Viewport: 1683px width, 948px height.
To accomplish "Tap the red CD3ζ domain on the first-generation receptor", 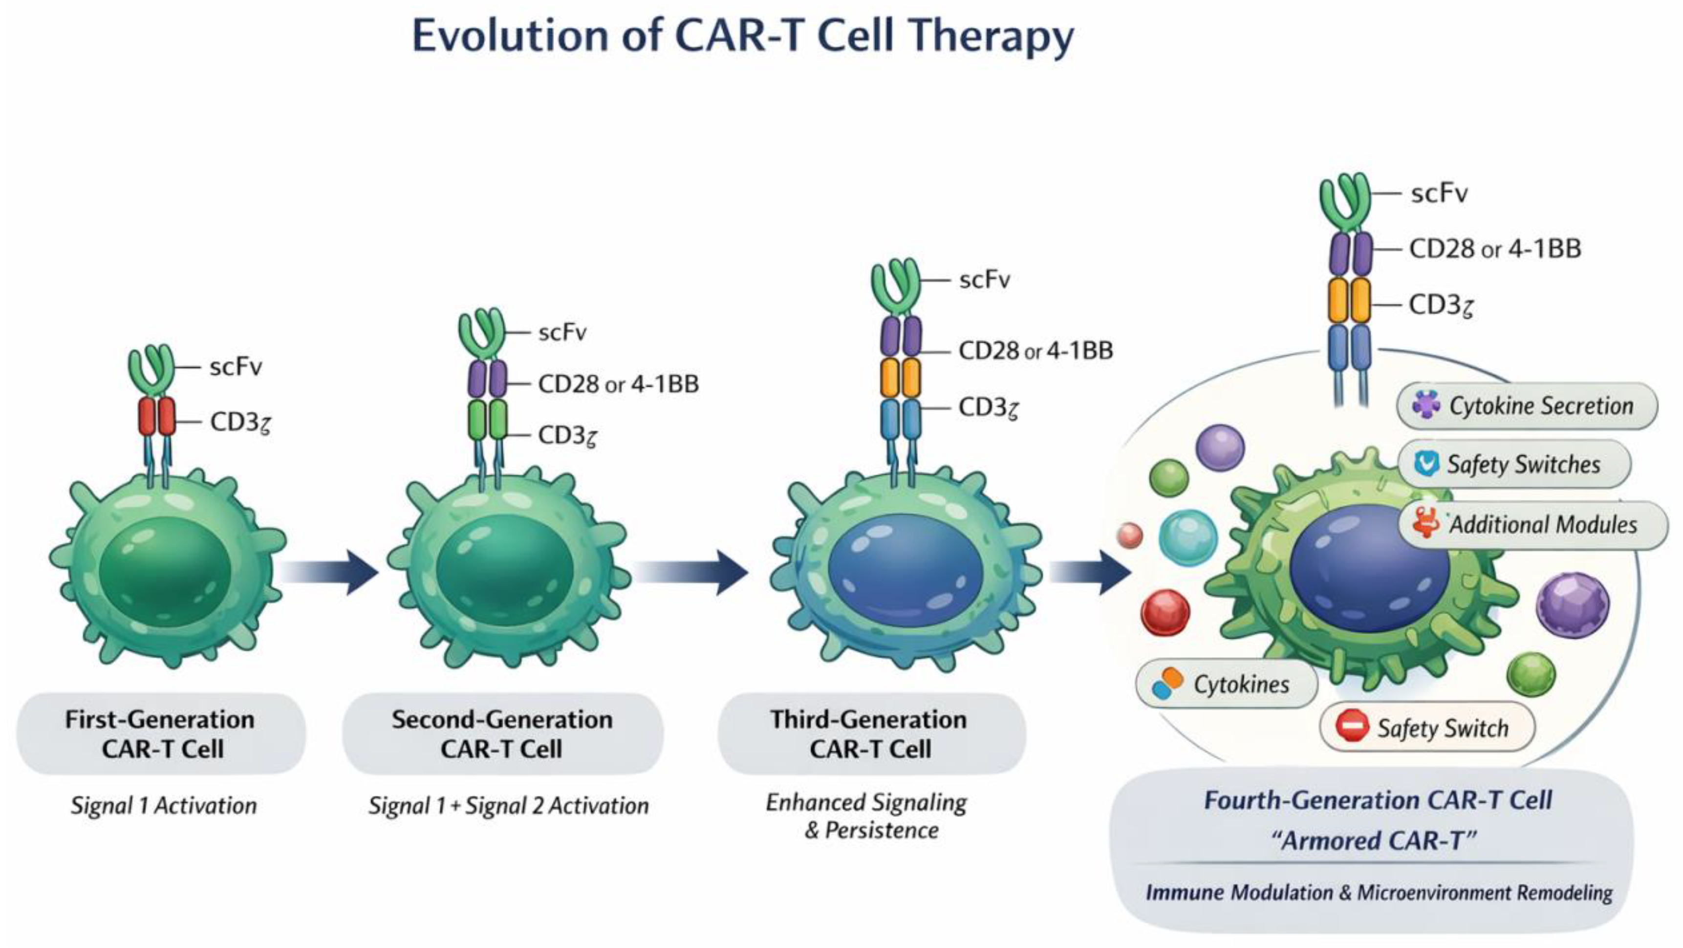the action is [x=157, y=416].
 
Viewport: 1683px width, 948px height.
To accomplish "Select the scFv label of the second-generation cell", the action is [x=562, y=333].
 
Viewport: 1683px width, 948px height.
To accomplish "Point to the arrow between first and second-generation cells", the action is [x=330, y=572].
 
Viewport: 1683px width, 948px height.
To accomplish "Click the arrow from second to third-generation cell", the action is [x=691, y=572].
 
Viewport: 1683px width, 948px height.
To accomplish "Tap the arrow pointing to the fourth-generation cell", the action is [x=1090, y=572].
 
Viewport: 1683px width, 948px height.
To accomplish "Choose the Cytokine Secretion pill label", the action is [x=1527, y=406].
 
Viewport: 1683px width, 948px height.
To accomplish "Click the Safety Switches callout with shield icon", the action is [x=1514, y=464].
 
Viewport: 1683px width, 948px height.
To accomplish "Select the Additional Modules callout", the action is [x=1532, y=525].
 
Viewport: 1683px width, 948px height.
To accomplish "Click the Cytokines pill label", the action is [x=1226, y=684].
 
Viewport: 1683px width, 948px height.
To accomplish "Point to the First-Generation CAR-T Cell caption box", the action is [x=161, y=733].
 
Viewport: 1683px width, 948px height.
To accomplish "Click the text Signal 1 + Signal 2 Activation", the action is [x=508, y=806].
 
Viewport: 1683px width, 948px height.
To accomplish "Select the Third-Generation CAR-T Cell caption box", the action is [x=871, y=733].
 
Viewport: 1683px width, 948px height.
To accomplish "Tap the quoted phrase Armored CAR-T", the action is [x=1375, y=840].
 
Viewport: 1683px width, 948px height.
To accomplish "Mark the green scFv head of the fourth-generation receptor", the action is [x=1344, y=199].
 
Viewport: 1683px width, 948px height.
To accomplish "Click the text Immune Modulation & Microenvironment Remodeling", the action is [x=1379, y=892].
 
